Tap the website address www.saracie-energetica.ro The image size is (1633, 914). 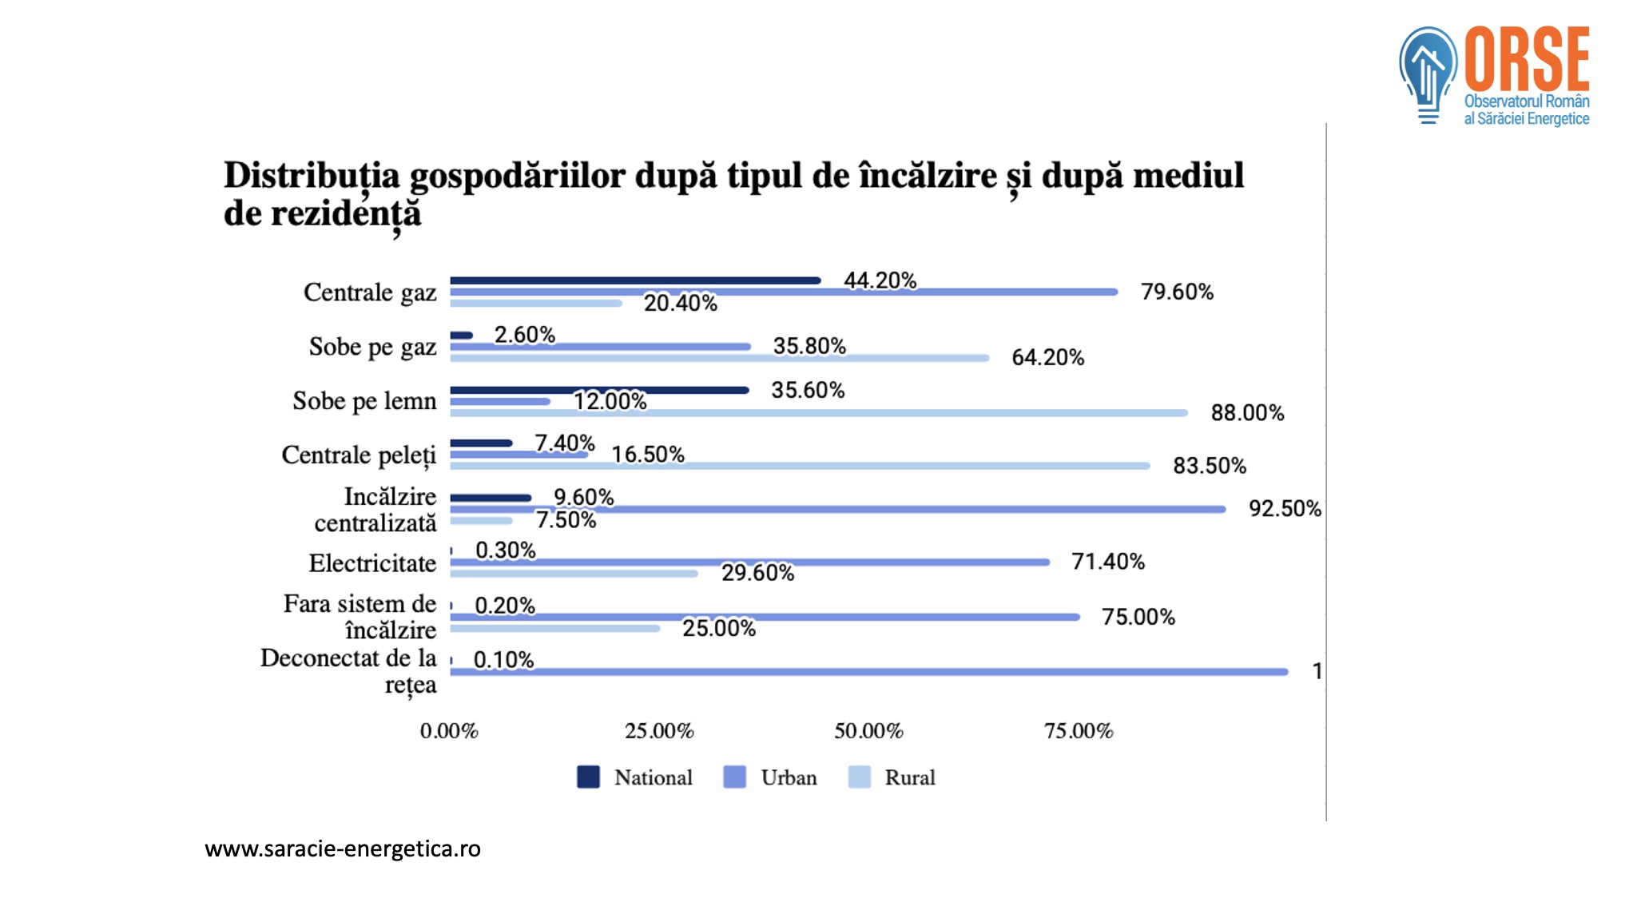[x=343, y=848]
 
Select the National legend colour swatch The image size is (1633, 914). [x=588, y=777]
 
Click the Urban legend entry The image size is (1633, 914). [x=770, y=777]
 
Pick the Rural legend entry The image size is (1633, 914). [x=892, y=777]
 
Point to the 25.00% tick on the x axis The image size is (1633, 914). [x=659, y=731]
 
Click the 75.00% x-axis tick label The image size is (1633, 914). [x=1079, y=731]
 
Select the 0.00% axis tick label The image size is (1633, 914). [x=449, y=731]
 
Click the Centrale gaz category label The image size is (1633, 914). [x=370, y=292]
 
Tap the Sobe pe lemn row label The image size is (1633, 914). [x=364, y=400]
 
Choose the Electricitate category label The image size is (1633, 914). [x=372, y=563]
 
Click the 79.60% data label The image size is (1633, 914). [x=1177, y=292]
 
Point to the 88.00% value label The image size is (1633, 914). [x=1247, y=413]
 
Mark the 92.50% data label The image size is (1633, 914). [x=1285, y=509]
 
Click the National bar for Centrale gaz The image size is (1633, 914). [x=635, y=280]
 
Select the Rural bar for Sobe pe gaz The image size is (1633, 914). [x=720, y=358]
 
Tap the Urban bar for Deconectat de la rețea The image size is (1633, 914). [x=869, y=672]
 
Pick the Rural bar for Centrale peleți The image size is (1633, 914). [x=800, y=466]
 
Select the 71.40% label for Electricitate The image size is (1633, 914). [x=1108, y=562]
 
